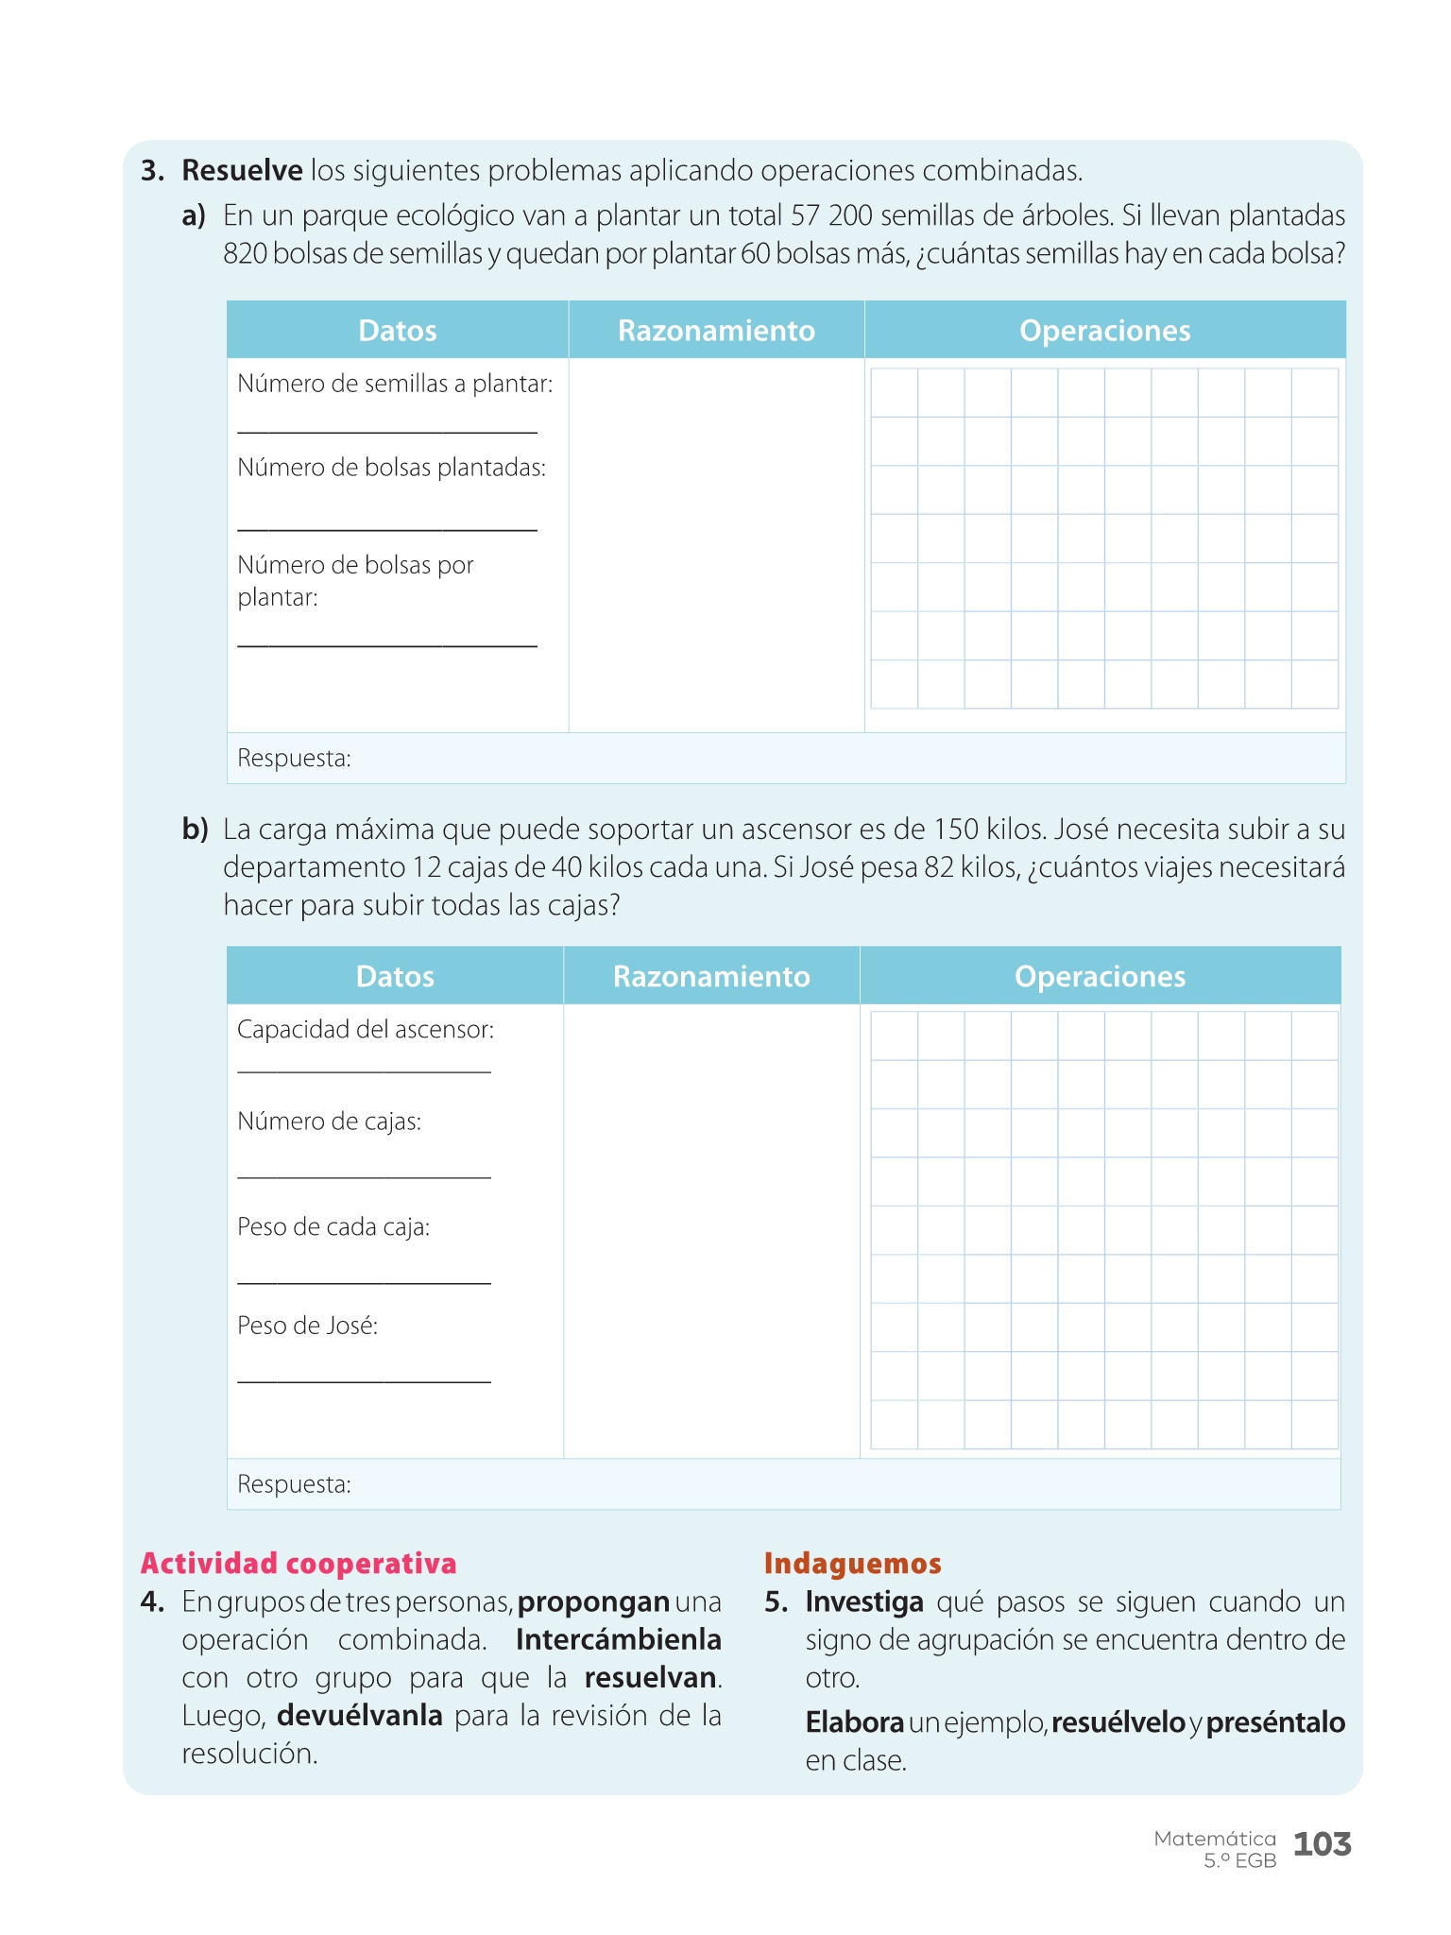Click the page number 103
(x=1322, y=1843)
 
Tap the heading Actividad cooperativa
(x=299, y=1564)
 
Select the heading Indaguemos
(x=852, y=1564)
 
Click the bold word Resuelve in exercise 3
(x=242, y=171)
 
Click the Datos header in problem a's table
(x=398, y=331)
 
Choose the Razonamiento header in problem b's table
(x=711, y=976)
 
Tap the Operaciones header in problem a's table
(x=1104, y=331)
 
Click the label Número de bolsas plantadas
(x=391, y=468)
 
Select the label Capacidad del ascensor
(x=366, y=1030)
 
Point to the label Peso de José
(x=307, y=1326)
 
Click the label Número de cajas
(x=329, y=1122)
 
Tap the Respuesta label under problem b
(x=294, y=1484)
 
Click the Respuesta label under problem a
(x=294, y=759)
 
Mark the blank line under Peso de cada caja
(x=364, y=1282)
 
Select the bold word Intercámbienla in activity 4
(x=618, y=1640)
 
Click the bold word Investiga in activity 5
(x=864, y=1602)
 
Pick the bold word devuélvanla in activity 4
(x=359, y=1716)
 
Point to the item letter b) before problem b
(x=195, y=830)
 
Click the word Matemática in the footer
(x=1215, y=1839)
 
